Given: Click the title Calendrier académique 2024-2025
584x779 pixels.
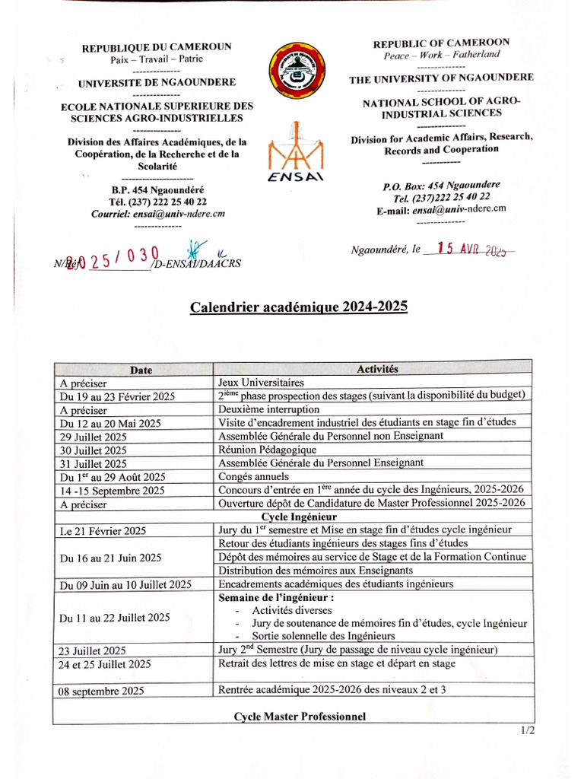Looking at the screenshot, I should (298, 307).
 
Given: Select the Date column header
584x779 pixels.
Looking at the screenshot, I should (141, 370).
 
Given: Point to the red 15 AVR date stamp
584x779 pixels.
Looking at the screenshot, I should (470, 249).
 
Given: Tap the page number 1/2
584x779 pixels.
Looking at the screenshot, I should (528, 731).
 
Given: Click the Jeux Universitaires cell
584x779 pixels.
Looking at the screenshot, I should (261, 382).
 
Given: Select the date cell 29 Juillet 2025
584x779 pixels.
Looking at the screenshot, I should (94, 437).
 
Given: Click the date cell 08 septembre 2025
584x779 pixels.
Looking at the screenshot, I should (102, 691).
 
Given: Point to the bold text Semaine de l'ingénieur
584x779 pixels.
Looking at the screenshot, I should (277, 597).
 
